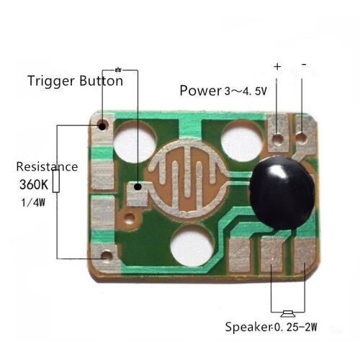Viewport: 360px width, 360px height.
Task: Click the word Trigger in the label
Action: point(51,81)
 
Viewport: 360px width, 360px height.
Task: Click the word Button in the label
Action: point(102,81)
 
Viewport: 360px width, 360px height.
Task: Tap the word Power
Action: point(200,91)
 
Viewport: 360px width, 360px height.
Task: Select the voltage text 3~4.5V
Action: point(246,91)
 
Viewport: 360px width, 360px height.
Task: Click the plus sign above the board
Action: point(277,66)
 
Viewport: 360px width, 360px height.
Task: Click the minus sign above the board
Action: point(304,64)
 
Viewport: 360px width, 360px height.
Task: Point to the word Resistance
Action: point(47,167)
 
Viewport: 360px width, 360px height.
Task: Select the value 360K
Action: point(34,184)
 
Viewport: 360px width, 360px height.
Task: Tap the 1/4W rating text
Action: point(33,203)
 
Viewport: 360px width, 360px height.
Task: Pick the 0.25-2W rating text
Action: point(296,327)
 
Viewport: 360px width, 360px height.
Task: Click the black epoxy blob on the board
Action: point(282,193)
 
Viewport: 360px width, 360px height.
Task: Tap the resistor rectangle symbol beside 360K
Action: point(56,181)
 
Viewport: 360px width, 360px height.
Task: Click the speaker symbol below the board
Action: point(288,313)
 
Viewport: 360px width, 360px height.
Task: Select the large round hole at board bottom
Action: point(192,246)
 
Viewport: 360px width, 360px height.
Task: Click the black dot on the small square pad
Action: point(138,186)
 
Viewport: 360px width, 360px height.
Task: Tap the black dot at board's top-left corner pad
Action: point(102,126)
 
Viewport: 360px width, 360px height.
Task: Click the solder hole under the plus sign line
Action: point(278,138)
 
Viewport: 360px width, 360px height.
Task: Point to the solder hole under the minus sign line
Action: point(301,138)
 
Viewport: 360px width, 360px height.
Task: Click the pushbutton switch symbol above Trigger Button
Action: point(118,70)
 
